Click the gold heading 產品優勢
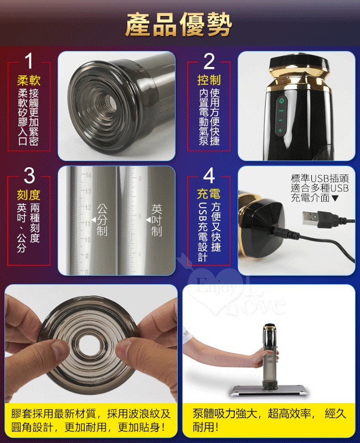[x=178, y=25]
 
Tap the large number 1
[x=29, y=61]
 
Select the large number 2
[x=209, y=61]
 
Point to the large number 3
[x=29, y=176]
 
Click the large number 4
[x=209, y=176]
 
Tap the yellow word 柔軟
[x=29, y=80]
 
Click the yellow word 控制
[x=209, y=80]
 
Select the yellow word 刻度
[x=29, y=195]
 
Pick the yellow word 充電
[x=209, y=194]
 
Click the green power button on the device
[x=281, y=101]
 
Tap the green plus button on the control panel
[x=280, y=130]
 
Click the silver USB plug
[x=310, y=217]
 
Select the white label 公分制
[x=102, y=220]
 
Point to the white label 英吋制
[x=157, y=220]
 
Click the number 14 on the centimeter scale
[x=89, y=175]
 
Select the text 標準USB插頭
[x=320, y=178]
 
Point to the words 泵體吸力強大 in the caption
[x=225, y=414]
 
